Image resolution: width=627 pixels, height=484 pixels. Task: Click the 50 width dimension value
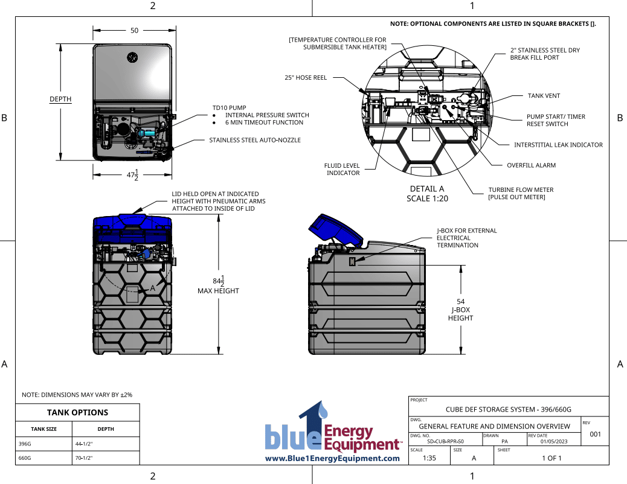point(133,30)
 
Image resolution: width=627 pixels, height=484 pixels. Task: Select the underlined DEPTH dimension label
point(60,99)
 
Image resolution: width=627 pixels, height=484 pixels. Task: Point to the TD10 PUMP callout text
point(229,107)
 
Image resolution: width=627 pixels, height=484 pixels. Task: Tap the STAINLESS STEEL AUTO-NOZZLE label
point(254,140)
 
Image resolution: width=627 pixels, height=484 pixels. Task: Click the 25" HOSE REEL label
point(306,77)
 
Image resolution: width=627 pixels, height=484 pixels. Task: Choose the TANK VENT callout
point(544,95)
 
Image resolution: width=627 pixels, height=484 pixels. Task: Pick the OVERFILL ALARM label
point(531,165)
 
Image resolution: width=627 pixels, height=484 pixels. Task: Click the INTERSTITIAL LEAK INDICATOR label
point(558,145)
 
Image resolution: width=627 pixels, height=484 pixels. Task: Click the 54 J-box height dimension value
point(460,301)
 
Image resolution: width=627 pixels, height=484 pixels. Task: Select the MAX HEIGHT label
point(218,291)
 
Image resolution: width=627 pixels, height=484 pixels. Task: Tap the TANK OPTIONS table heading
point(77,412)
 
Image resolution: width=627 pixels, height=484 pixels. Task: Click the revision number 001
point(595,435)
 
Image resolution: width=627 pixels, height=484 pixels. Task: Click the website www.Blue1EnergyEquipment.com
point(333,459)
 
